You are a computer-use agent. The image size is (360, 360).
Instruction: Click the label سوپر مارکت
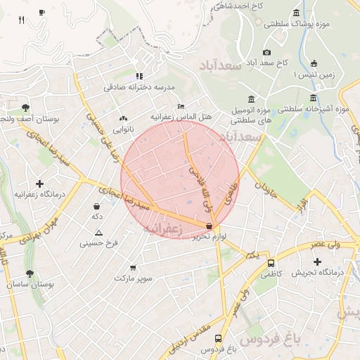(x=134, y=278)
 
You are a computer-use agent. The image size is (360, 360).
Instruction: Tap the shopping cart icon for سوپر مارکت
(x=133, y=268)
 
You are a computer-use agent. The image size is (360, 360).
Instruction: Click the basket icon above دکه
(x=96, y=207)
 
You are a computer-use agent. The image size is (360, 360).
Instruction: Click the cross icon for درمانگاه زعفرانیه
(x=39, y=184)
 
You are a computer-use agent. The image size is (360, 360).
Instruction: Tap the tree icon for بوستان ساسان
(x=30, y=274)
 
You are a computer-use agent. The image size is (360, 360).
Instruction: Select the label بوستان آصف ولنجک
(x=28, y=120)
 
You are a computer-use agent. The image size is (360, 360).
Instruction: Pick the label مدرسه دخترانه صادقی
(x=139, y=87)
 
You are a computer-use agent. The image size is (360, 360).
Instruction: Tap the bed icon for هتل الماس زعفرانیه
(x=181, y=105)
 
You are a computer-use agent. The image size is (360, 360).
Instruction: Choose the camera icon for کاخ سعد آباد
(x=266, y=52)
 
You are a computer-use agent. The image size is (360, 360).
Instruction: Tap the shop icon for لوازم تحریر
(x=209, y=226)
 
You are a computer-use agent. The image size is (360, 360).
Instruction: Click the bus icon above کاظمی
(x=271, y=263)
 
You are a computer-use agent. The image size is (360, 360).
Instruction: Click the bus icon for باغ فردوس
(x=218, y=338)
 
